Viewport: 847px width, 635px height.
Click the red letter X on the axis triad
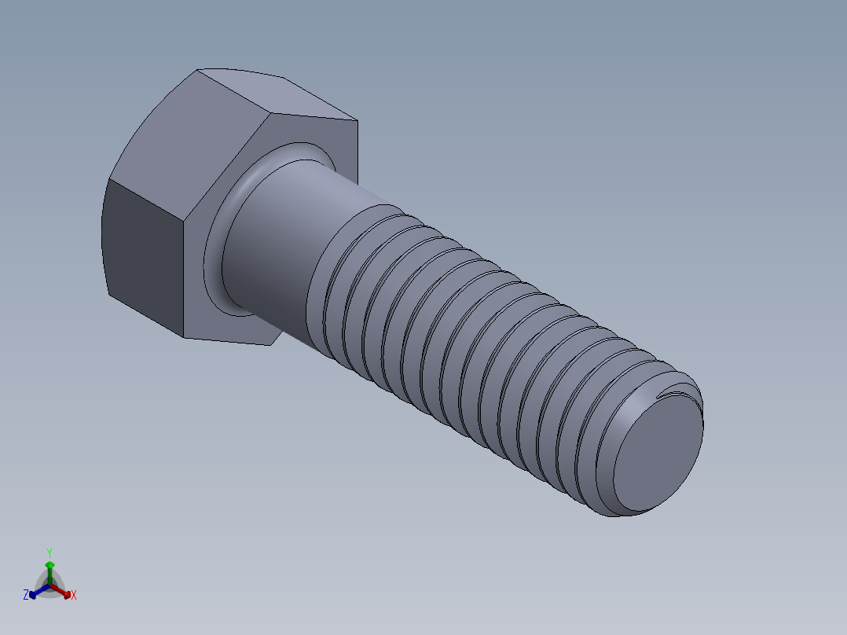click(x=74, y=596)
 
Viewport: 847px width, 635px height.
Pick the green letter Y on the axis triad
click(x=49, y=552)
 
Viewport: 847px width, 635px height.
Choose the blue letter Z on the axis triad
click(x=26, y=596)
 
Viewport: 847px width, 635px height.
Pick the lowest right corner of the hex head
click(x=270, y=345)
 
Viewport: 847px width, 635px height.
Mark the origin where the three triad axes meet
click(x=49, y=586)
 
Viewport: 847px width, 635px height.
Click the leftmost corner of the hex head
click(x=105, y=180)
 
